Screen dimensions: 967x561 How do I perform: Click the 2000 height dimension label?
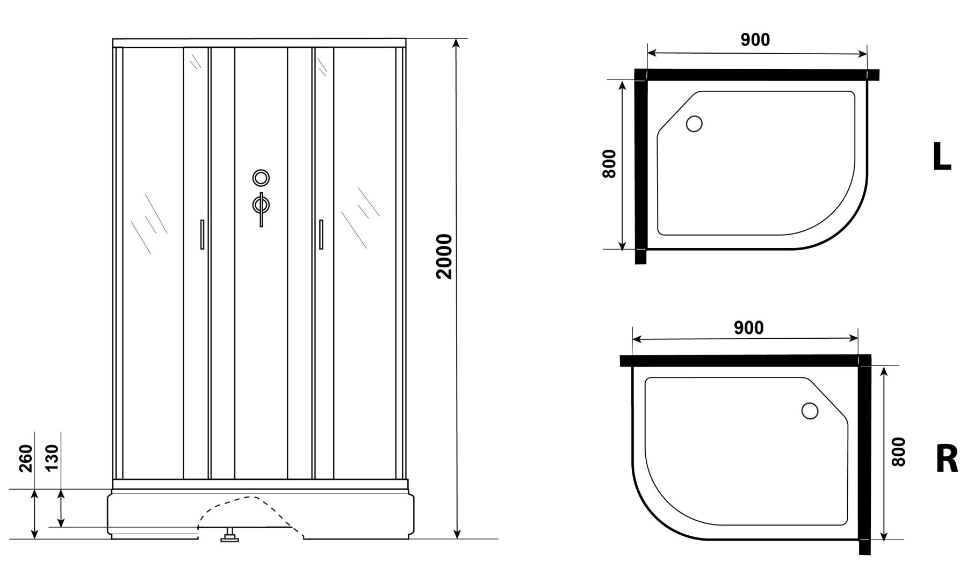tap(445, 257)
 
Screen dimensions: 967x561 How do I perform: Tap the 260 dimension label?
tap(26, 458)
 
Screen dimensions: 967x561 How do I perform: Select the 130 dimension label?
tap(53, 458)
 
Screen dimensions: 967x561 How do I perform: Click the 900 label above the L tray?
tap(755, 40)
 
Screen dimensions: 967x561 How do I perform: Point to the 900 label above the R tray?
tap(748, 327)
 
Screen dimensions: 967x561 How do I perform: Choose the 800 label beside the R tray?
tap(898, 452)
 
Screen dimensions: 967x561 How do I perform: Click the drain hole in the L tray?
tap(694, 124)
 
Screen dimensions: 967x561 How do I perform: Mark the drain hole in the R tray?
tap(810, 411)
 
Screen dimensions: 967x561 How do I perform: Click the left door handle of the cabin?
tap(202, 234)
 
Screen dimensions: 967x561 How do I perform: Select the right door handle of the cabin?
tap(321, 234)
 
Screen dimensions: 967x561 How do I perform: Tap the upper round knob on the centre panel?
tap(261, 178)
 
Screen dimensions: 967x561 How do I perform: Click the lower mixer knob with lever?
tap(261, 206)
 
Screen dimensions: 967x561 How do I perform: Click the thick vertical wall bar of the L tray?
tap(640, 166)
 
